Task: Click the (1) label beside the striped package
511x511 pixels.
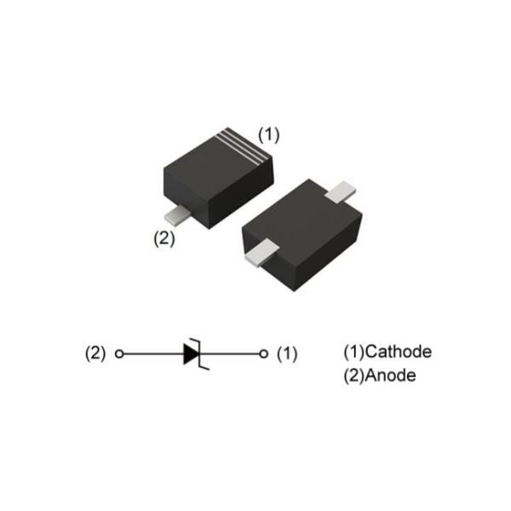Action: pyautogui.click(x=269, y=135)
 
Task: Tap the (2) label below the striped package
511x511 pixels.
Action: pyautogui.click(x=164, y=238)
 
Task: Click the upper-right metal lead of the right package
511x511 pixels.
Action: pyautogui.click(x=343, y=192)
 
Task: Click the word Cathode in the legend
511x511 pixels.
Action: pyautogui.click(x=398, y=352)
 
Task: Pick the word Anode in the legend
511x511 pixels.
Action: pyautogui.click(x=391, y=376)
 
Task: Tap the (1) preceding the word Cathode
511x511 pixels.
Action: pyautogui.click(x=353, y=352)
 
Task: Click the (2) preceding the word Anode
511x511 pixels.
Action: pyautogui.click(x=353, y=376)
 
